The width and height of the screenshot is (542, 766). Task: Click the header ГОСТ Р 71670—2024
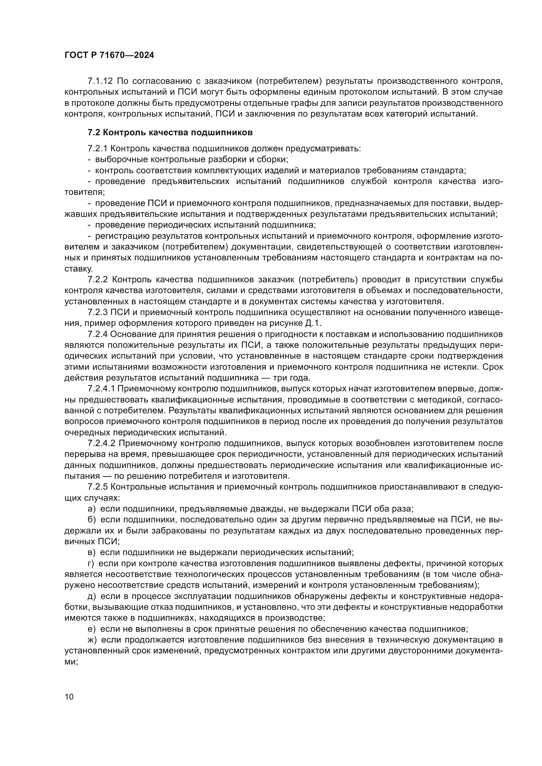[x=109, y=55]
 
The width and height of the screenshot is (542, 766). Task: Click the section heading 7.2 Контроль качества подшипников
[x=170, y=132]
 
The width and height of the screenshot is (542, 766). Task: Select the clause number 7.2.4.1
[x=101, y=389]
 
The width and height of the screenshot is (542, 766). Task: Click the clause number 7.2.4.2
[x=101, y=443]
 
